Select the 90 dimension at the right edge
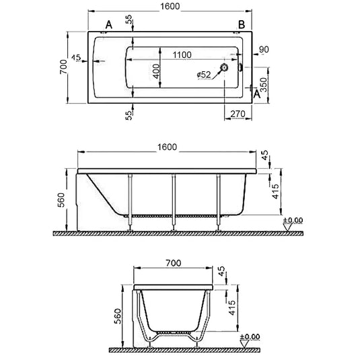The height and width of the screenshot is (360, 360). pyautogui.click(x=264, y=50)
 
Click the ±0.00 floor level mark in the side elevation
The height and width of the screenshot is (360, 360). pyautogui.click(x=291, y=221)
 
